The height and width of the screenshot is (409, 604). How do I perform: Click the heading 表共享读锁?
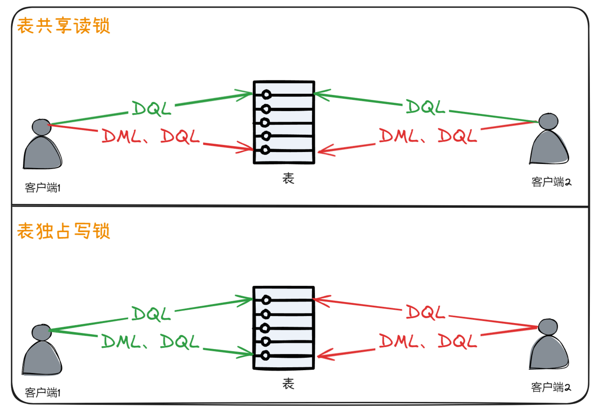coord(63,26)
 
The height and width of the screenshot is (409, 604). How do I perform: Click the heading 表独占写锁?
coord(63,231)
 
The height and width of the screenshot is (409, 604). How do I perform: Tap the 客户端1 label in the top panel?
coord(42,187)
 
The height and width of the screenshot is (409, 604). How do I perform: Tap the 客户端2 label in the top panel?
coord(551,182)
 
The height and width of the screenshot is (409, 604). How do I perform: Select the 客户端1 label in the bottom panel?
coord(42,392)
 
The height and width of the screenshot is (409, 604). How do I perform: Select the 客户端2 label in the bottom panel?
coord(551,387)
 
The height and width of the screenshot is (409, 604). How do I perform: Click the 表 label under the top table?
coord(288,178)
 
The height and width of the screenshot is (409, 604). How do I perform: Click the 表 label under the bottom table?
coord(288,384)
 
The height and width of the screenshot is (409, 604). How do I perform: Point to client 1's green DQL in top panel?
coord(151,109)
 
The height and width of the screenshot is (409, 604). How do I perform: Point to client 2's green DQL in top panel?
coord(425,107)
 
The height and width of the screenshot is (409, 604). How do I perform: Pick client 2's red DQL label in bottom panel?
coord(425,312)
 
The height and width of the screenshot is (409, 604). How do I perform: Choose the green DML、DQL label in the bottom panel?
coord(150,342)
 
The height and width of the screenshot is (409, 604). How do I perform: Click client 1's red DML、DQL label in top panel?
coord(150,136)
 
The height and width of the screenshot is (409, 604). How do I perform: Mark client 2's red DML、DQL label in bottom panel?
coord(428,341)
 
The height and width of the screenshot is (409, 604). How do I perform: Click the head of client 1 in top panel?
coord(42,127)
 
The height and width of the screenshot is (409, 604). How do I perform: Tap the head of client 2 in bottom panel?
coord(548,327)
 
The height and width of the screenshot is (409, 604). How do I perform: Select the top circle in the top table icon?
coord(266,95)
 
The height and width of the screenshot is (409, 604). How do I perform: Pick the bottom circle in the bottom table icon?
coord(265,355)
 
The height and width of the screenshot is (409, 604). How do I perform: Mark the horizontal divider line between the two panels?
coord(300,206)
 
